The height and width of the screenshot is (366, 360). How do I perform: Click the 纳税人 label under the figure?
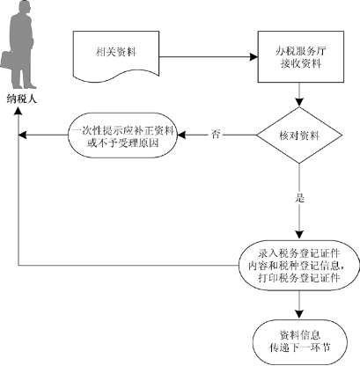22,99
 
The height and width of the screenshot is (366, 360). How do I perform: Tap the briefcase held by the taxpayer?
7,61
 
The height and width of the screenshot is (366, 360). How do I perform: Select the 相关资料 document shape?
116,56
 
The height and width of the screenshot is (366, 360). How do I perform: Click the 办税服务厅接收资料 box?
301,56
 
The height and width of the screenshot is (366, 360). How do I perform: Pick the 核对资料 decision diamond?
299,135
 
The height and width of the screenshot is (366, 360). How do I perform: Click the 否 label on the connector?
216,135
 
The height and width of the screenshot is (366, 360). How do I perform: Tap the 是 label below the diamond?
299,198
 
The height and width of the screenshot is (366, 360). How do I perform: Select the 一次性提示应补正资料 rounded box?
123,135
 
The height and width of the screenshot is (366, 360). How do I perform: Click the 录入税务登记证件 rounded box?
299,266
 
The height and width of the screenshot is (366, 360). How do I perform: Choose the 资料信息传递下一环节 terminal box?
299,342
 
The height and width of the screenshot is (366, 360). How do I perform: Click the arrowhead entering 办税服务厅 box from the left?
253,57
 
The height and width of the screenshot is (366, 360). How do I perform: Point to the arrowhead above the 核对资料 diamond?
299,102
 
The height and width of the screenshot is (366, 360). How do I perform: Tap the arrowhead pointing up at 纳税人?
18,111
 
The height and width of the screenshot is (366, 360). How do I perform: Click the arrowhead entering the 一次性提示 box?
182,135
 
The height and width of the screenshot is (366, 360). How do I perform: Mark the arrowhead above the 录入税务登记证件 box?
299,235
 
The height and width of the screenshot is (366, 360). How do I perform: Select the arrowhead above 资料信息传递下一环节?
299,314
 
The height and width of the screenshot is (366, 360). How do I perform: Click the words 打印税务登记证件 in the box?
299,278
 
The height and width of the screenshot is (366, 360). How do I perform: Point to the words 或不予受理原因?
123,143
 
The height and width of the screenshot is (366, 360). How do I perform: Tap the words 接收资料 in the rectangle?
301,63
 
